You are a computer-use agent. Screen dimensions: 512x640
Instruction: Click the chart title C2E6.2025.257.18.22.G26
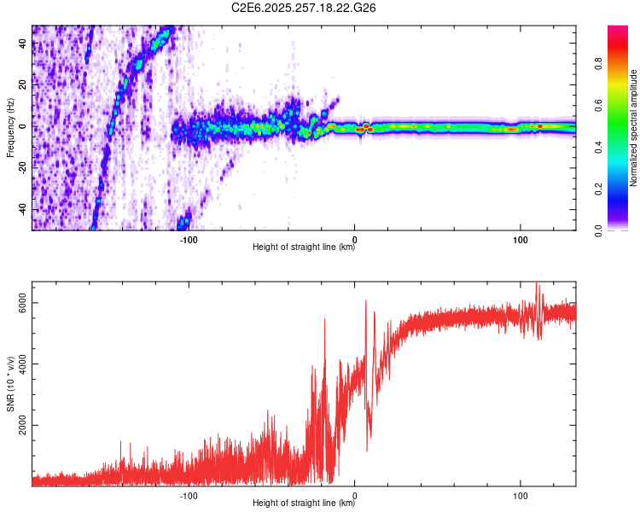pos(305,8)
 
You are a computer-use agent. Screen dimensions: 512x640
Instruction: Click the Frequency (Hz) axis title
pos(10,128)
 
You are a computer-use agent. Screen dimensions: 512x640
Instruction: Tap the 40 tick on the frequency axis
pos(23,44)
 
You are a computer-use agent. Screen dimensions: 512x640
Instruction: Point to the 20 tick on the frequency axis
pos(23,85)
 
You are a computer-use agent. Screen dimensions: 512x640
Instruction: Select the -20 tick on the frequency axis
pos(22,168)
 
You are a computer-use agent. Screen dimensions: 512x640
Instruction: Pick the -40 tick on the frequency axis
pos(22,209)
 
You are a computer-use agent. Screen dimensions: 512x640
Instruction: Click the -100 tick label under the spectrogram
pos(189,240)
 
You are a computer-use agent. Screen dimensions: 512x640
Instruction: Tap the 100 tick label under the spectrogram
pos(520,240)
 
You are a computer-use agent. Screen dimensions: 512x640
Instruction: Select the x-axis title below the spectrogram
pos(304,248)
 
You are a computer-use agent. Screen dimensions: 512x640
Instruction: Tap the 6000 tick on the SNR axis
pos(23,305)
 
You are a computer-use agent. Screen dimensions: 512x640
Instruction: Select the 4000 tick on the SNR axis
pos(23,365)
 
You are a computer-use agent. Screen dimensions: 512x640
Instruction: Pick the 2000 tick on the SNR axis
pos(23,426)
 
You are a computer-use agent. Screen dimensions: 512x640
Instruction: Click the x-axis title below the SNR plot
pos(304,503)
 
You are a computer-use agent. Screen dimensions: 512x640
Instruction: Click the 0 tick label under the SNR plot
pos(354,494)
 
